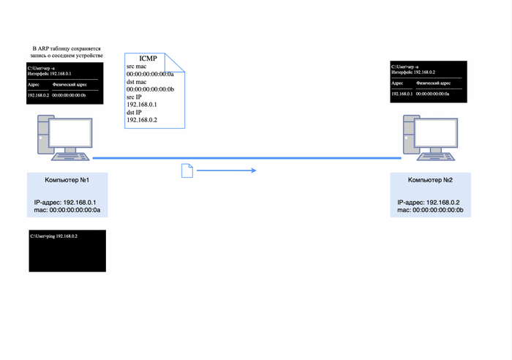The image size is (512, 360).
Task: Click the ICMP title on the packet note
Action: click(148, 58)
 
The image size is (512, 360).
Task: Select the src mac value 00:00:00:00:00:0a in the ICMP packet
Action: click(150, 74)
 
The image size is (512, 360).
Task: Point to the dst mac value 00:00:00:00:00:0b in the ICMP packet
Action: click(150, 89)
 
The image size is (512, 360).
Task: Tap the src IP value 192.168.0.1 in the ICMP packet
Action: click(143, 105)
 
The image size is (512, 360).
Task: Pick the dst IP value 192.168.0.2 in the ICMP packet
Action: click(143, 120)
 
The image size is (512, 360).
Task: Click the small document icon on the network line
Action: click(186, 170)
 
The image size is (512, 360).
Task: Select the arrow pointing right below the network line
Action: click(226, 170)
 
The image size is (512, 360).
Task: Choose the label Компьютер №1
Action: click(67, 180)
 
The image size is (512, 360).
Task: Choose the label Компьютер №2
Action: click(430, 180)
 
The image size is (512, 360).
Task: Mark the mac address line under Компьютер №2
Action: click(430, 210)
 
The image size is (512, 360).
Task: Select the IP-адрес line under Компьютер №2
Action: click(430, 202)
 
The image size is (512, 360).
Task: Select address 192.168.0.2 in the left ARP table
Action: click(37, 95)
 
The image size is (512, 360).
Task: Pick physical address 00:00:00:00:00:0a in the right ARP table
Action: click(440, 94)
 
